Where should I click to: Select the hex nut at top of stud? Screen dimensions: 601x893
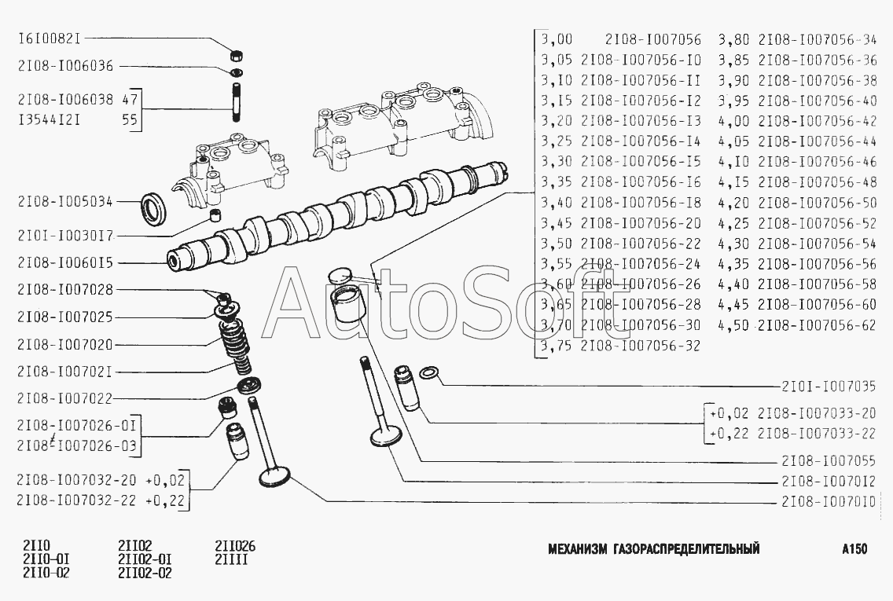[x=234, y=55]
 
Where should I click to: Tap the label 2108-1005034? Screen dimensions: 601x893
[x=65, y=202]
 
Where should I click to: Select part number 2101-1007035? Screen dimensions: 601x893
[x=829, y=387]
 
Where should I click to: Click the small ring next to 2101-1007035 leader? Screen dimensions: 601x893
[x=429, y=372]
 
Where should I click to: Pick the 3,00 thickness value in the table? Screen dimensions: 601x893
[x=557, y=38]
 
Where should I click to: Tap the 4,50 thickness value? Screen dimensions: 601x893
[x=733, y=325]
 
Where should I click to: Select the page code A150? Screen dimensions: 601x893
[x=854, y=549]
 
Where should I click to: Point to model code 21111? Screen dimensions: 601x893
[x=231, y=560]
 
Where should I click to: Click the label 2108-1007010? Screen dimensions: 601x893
[x=829, y=502]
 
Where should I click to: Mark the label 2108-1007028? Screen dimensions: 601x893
[x=65, y=289]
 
